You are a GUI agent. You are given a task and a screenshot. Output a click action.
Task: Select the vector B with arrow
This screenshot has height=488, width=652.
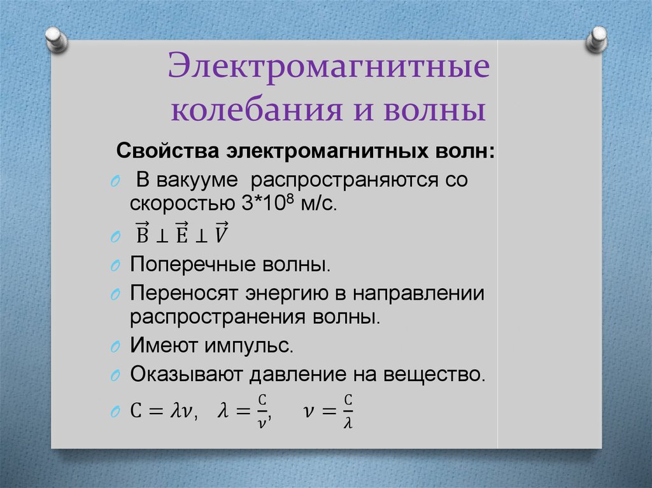click(142, 234)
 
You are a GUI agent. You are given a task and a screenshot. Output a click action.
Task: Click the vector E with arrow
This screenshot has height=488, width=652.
click(181, 234)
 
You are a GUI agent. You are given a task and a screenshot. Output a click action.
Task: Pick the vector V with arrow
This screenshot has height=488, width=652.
click(221, 234)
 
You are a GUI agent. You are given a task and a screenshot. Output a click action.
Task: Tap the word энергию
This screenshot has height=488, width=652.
click(280, 293)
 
